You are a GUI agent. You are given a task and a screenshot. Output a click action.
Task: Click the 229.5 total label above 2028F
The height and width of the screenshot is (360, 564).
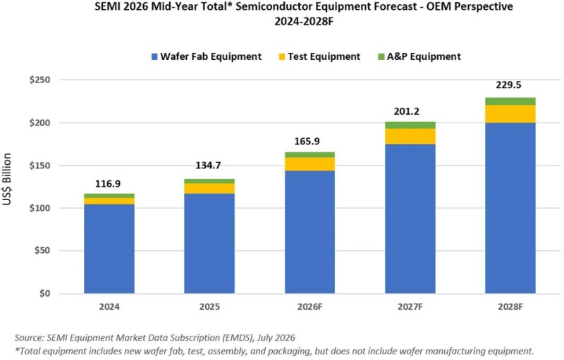pyautogui.click(x=508, y=85)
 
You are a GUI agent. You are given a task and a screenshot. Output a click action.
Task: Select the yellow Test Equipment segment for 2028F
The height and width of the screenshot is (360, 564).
pyautogui.click(x=510, y=114)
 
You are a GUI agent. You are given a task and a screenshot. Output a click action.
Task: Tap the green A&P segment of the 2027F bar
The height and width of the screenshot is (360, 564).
pyautogui.click(x=410, y=125)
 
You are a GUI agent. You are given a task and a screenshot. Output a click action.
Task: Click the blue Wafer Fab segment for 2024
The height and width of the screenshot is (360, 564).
pyautogui.click(x=109, y=249)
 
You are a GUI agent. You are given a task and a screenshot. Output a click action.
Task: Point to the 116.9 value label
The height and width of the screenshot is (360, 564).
pyautogui.click(x=108, y=184)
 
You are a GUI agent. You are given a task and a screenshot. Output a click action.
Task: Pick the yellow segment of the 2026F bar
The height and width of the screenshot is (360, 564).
pyautogui.click(x=309, y=164)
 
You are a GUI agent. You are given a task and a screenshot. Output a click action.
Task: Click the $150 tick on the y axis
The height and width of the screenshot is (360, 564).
pyautogui.click(x=39, y=166)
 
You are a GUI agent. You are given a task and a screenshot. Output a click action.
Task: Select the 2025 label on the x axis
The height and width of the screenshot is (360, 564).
pyautogui.click(x=209, y=307)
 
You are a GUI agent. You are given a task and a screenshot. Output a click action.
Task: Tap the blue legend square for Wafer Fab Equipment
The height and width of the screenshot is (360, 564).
pyautogui.click(x=154, y=57)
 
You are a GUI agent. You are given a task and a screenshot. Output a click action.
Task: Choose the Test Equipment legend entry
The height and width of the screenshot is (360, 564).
pyautogui.click(x=319, y=57)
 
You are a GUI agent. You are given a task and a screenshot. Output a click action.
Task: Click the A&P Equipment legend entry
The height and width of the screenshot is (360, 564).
pyautogui.click(x=419, y=57)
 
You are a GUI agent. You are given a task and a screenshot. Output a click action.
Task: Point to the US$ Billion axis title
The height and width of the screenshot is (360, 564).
pyautogui.click(x=7, y=179)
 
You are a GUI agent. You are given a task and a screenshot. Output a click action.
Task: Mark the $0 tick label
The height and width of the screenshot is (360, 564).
pyautogui.click(x=44, y=294)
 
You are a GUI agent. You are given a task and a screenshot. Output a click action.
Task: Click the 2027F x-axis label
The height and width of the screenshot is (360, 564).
pyautogui.click(x=410, y=307)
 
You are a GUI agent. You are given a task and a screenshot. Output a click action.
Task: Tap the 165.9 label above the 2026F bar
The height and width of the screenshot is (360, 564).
pyautogui.click(x=307, y=141)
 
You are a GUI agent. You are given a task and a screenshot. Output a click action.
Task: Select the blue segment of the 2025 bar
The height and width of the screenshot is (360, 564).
pyautogui.click(x=209, y=244)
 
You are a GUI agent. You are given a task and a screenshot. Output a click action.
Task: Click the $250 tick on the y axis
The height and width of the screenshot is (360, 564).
pyautogui.click(x=39, y=80)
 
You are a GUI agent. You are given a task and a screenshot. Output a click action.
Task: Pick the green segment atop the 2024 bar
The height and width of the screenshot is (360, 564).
pyautogui.click(x=109, y=196)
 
